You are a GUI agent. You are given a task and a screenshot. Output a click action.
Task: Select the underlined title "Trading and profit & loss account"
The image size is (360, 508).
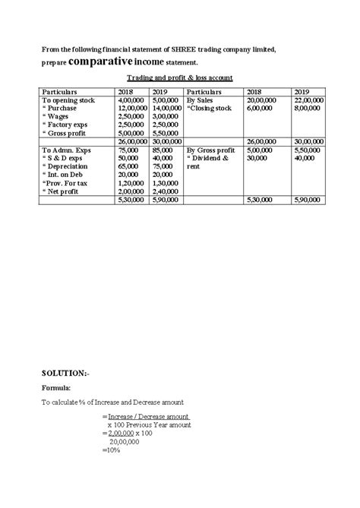[179, 79]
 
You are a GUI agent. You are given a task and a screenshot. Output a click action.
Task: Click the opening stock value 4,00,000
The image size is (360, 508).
[133, 100]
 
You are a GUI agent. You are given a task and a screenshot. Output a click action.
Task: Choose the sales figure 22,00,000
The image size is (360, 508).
[307, 100]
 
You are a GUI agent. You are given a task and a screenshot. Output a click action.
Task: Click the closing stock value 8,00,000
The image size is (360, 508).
[307, 109]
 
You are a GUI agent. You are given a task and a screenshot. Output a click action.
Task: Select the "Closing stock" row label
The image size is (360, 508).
[210, 109]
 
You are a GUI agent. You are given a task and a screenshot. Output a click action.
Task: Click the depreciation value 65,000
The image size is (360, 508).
[131, 166]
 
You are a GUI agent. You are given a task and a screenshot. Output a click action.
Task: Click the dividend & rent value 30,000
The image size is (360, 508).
[258, 159]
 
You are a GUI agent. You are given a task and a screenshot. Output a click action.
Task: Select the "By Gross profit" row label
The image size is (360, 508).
[210, 150]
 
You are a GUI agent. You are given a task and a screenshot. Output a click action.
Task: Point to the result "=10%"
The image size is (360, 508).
[111, 450]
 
